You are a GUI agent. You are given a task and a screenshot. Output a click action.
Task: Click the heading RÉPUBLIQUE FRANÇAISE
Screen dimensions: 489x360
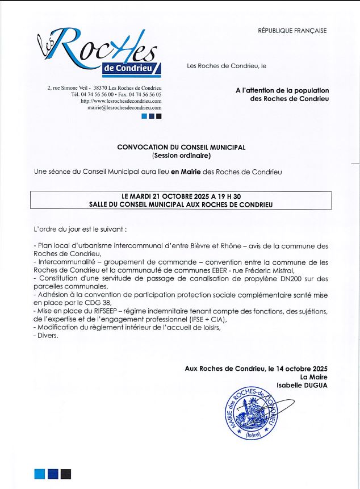click(x=292, y=31)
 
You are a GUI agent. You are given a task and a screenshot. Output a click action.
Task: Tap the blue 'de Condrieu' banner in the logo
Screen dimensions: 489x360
click(x=132, y=69)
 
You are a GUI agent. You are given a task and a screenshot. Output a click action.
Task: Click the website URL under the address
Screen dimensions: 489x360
click(x=122, y=101)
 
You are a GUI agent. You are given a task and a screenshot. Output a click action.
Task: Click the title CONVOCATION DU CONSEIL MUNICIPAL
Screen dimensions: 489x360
click(x=181, y=147)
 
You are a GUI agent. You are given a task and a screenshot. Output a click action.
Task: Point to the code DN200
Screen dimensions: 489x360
click(x=291, y=279)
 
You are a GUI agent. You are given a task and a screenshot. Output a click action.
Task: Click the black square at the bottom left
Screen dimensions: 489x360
click(x=66, y=474)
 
